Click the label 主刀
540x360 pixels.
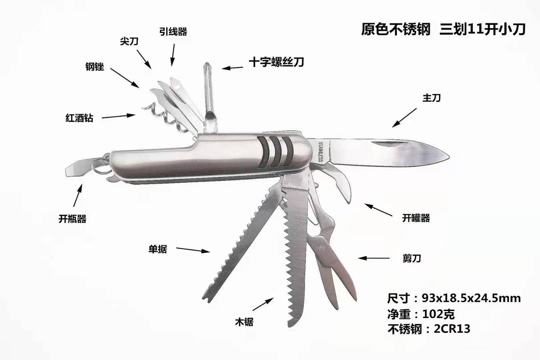point(431,98)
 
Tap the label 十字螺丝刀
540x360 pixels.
point(276,62)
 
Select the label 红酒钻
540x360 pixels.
point(79,118)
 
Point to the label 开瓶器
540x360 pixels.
point(72,219)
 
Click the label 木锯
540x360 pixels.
point(244,322)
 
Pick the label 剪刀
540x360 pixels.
point(412,258)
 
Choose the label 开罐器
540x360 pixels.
point(416,218)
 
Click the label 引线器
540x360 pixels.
point(173,32)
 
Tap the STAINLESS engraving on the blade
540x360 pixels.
point(320,152)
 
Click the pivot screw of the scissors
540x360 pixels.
point(322,248)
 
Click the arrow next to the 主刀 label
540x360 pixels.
point(404,118)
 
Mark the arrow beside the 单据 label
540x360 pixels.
point(193,250)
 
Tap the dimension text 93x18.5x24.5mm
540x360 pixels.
point(471,298)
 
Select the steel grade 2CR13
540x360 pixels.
point(452,329)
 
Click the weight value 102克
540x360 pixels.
point(438,314)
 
